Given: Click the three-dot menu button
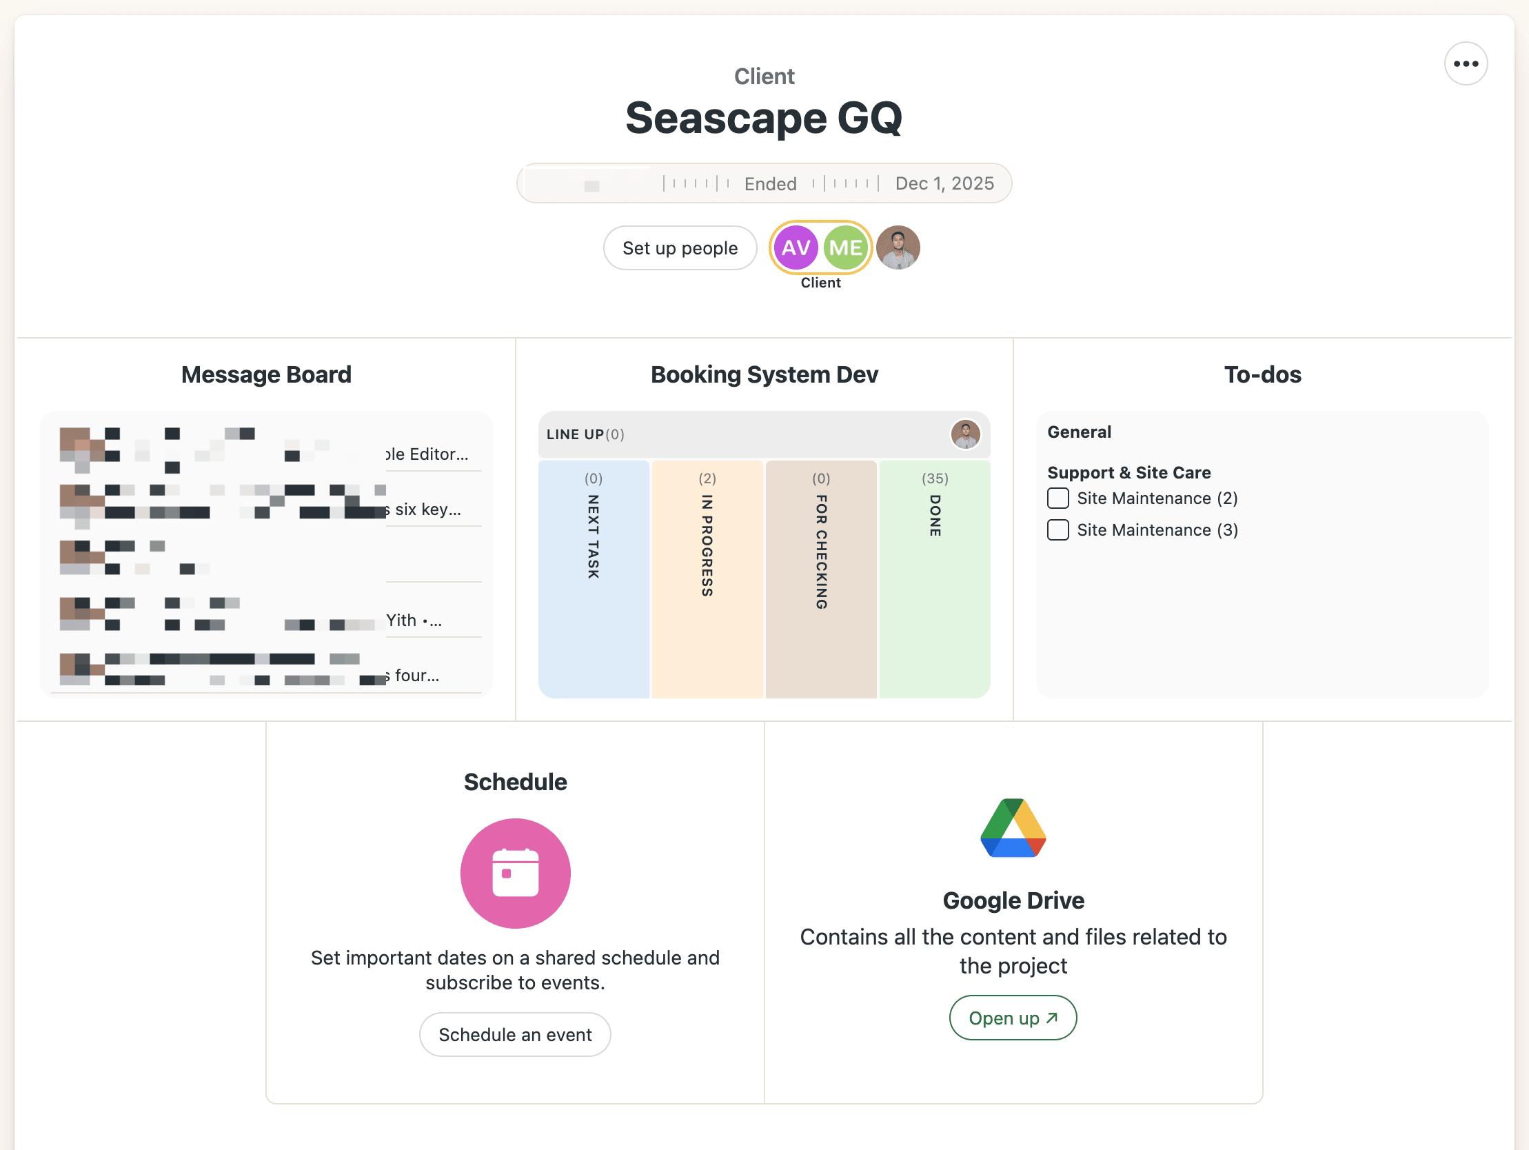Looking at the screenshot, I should point(1466,63).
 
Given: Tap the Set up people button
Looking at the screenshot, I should point(680,248).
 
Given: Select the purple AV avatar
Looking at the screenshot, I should point(796,248).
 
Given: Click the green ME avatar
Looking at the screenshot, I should point(845,248).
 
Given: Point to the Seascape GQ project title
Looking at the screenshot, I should point(764,119).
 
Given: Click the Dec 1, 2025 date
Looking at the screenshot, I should point(944,183).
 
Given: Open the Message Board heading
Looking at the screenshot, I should point(266,375).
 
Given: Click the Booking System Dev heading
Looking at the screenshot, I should point(764,375).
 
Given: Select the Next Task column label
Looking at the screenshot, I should point(593,536).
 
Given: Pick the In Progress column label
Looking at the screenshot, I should point(707,545).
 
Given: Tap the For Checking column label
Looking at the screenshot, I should point(821,552).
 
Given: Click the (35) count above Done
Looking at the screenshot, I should point(935,478).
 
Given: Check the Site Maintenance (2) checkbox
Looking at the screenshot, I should point(1057,498).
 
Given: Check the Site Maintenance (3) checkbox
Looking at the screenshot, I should point(1057,530).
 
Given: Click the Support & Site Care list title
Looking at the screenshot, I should point(1128,473).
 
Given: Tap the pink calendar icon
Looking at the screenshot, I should point(515,874).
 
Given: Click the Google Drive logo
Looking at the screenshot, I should point(1013,829).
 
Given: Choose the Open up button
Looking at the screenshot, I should point(1013,1018).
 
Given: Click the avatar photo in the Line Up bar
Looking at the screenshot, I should point(965,434).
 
